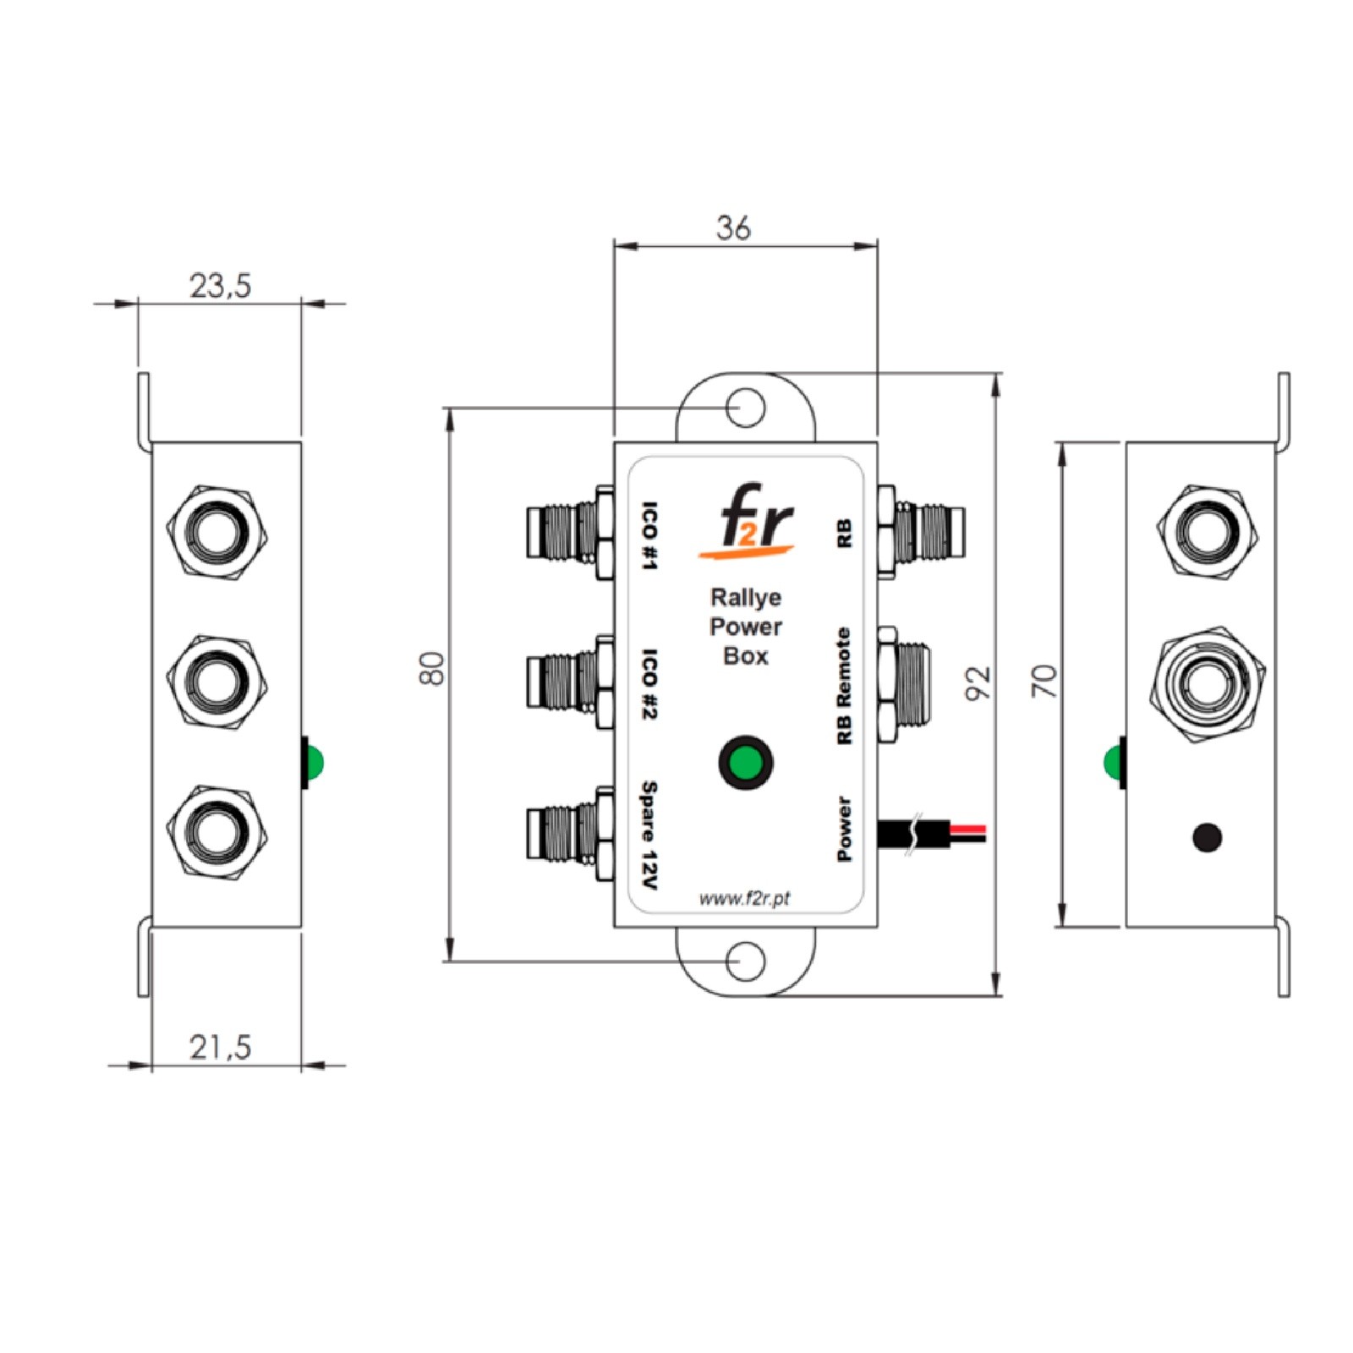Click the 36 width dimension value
(x=733, y=227)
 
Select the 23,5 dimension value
(x=220, y=286)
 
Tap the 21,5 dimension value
(x=220, y=1047)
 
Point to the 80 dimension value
(x=433, y=668)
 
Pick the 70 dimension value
(x=1045, y=681)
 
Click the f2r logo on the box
(x=746, y=522)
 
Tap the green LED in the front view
(x=745, y=762)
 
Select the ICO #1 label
(x=649, y=536)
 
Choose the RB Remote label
(x=843, y=686)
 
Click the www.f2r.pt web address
(x=744, y=899)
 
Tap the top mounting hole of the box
(x=746, y=408)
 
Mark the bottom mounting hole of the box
(x=746, y=962)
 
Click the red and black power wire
(x=939, y=833)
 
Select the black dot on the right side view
(x=1207, y=837)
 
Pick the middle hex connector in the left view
(x=217, y=677)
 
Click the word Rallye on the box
(x=745, y=598)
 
